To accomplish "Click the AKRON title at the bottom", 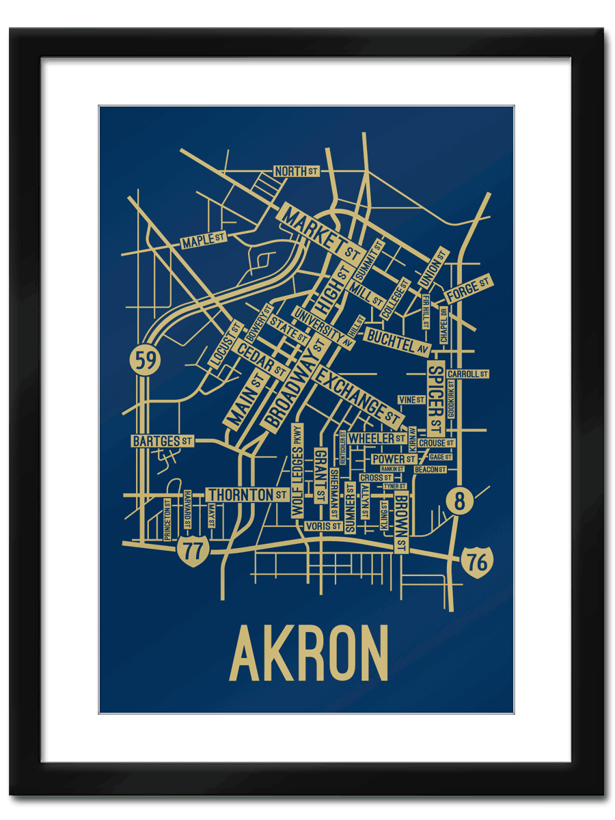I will (x=309, y=653).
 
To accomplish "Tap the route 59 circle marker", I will (x=145, y=360).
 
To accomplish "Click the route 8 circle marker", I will (x=459, y=502).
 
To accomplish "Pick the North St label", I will (x=295, y=171).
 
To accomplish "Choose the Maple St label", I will (x=203, y=240).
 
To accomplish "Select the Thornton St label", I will (x=247, y=494).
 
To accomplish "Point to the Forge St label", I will (x=468, y=289).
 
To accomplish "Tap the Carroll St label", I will (x=467, y=374).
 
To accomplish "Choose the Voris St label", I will (x=323, y=526).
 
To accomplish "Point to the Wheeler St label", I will (x=377, y=438).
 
